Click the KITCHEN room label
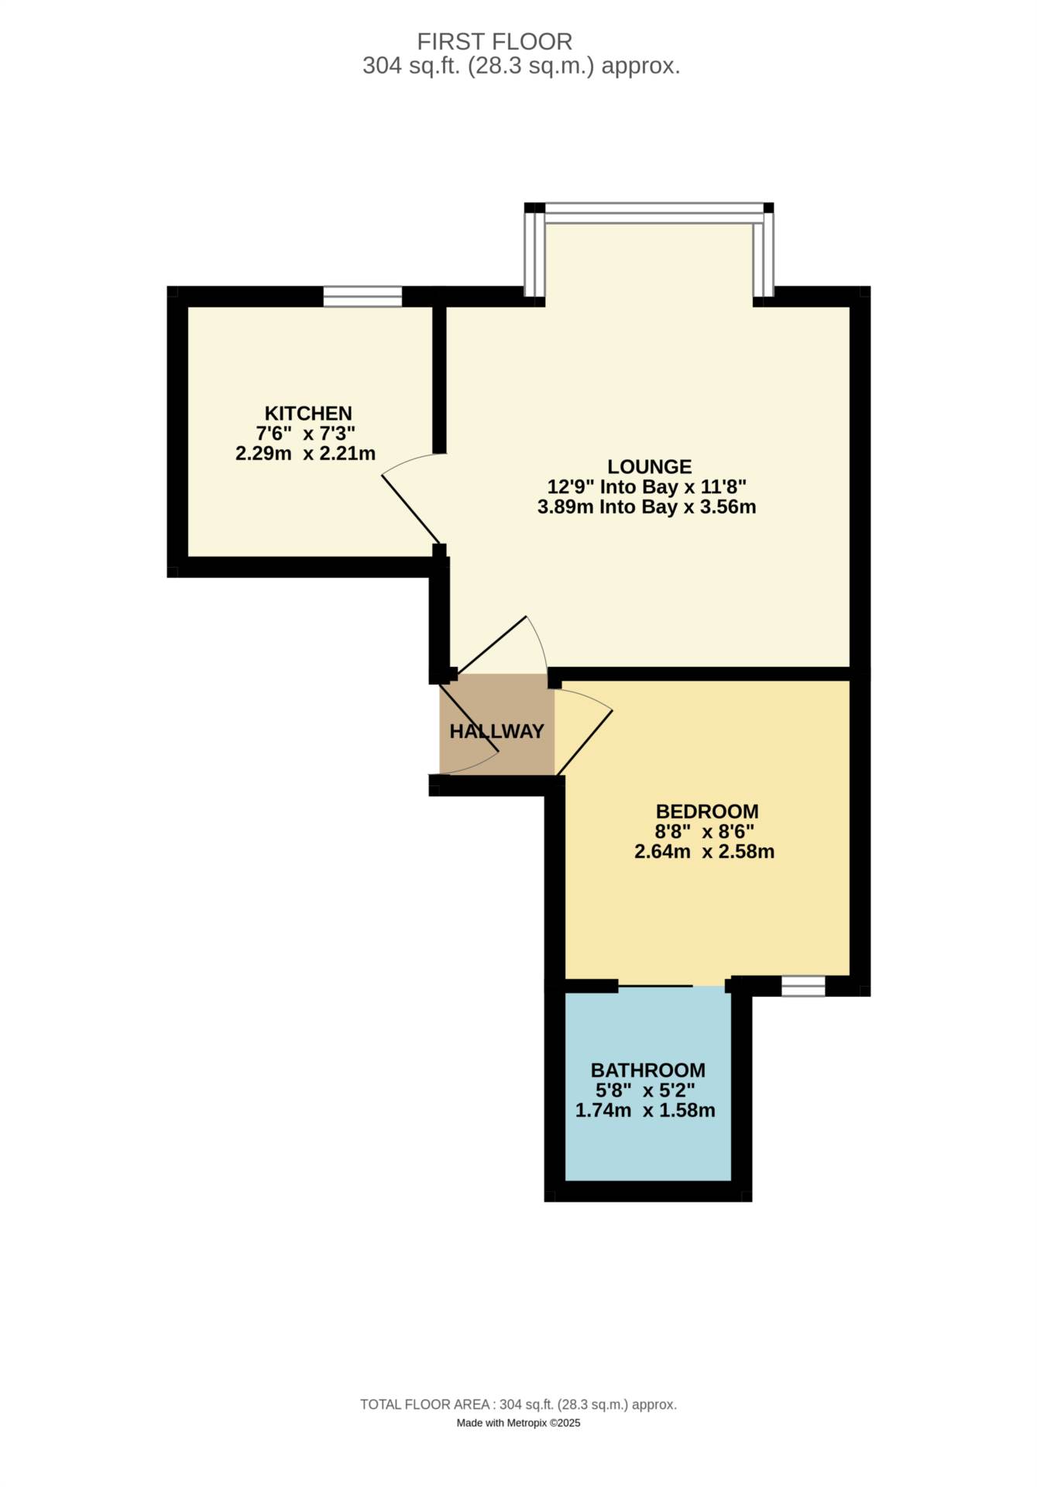(308, 413)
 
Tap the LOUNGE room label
(649, 466)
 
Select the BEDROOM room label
(706, 811)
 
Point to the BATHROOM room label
(647, 1070)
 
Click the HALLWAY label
(496, 731)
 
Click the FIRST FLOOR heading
(494, 41)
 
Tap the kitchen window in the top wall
(362, 296)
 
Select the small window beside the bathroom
(803, 986)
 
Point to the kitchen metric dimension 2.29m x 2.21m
(305, 454)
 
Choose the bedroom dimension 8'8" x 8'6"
(704, 832)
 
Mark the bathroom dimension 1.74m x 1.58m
(644, 1110)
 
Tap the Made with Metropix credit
(518, 1423)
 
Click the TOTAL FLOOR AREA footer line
(518, 1404)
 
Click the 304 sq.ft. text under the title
(521, 66)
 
